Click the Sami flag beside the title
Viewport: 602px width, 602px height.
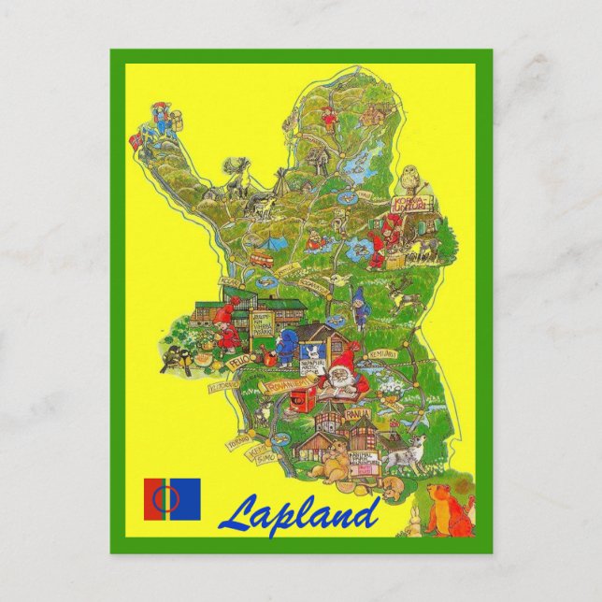[172, 499]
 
